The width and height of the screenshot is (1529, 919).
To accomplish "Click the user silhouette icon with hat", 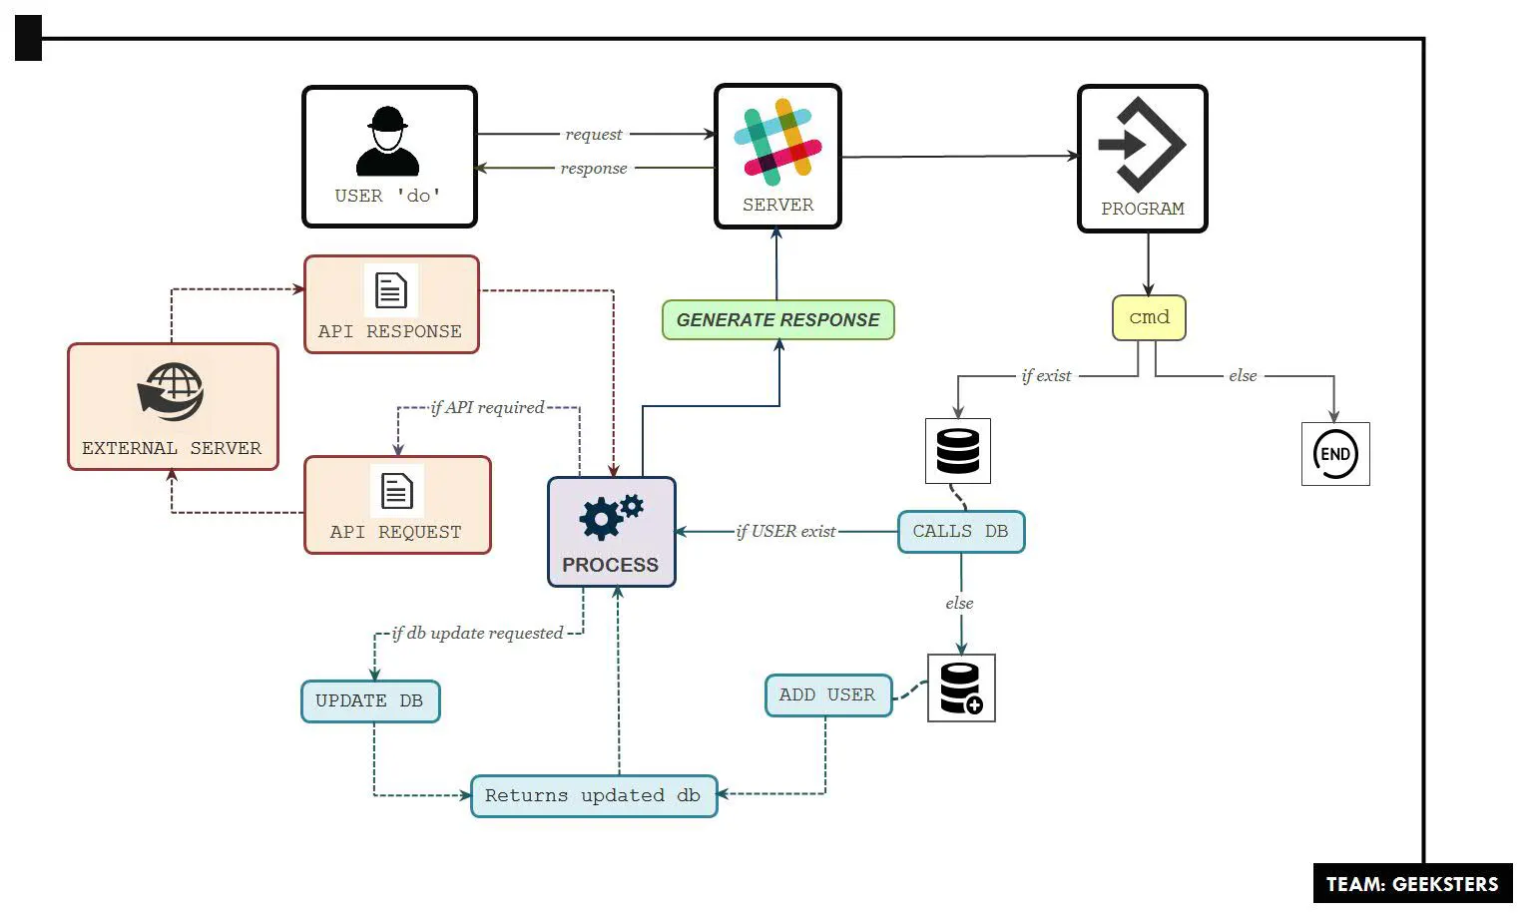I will point(387,142).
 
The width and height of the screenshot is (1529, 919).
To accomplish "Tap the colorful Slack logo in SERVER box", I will point(777,142).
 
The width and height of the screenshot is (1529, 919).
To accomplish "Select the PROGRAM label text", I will point(1142,209).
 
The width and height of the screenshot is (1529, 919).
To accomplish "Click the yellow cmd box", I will point(1149,317).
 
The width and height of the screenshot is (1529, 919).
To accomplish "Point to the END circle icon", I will point(1335,454).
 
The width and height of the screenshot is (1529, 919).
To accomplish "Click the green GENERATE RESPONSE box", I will point(777,320).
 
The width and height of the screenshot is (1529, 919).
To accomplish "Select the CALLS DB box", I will point(960,532).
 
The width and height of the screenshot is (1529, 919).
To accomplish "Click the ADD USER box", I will point(827,695).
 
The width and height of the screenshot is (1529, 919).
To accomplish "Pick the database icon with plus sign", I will point(961,689).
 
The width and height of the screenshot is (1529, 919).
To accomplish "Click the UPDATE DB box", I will point(369,701).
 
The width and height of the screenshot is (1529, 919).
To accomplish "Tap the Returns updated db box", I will point(593,796).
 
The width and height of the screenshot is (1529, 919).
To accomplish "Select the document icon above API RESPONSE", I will point(390,291).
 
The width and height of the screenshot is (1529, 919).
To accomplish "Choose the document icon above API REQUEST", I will point(396,491).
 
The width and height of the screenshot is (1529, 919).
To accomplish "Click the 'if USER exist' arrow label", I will point(785,532).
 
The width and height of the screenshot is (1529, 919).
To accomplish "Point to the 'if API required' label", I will point(487,407).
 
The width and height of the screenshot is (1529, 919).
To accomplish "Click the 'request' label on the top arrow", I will point(593,135).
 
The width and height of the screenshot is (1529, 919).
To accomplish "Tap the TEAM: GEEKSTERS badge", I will point(1411,884).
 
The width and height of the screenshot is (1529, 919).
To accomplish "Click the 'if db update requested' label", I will point(477,633).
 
